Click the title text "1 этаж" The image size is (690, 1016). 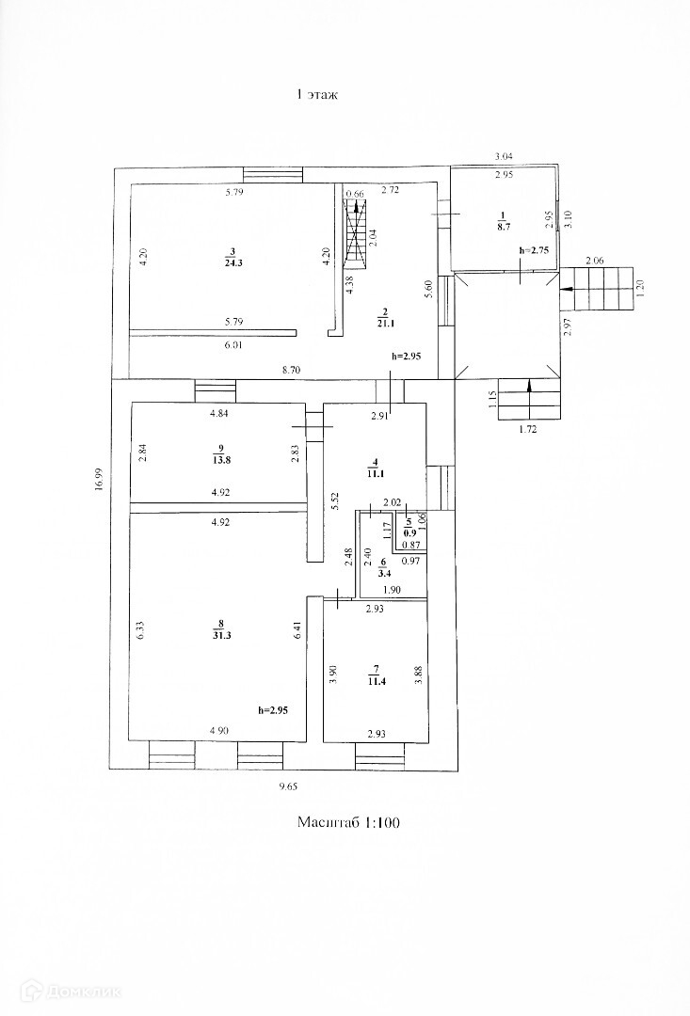click(316, 94)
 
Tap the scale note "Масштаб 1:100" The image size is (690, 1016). click(349, 823)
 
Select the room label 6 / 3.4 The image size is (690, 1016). click(384, 566)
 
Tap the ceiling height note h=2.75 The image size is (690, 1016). click(533, 251)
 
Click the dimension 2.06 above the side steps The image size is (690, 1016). click(596, 260)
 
